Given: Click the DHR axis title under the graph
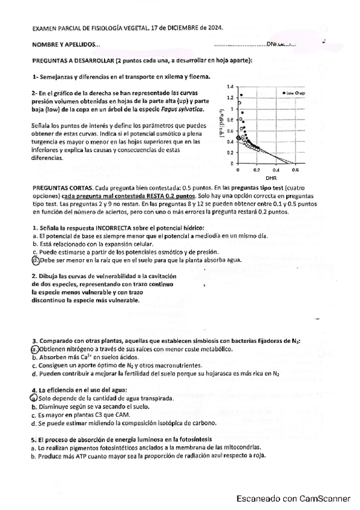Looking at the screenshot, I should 270,179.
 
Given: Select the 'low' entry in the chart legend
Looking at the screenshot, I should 289,93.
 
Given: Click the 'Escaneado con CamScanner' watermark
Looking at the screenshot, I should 293,499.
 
